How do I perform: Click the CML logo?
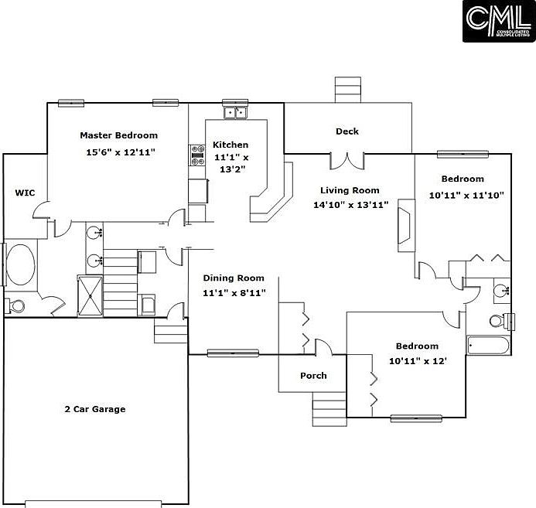tap(499, 21)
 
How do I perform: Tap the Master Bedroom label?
tap(119, 135)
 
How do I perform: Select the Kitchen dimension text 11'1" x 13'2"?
tap(231, 163)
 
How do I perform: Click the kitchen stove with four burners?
tap(197, 155)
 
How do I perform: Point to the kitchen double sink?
tap(235, 112)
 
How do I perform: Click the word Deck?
tap(347, 131)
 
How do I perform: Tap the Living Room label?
tap(350, 190)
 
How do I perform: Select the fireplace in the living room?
tap(406, 226)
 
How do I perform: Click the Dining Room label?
tap(234, 278)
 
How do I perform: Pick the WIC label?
tap(25, 193)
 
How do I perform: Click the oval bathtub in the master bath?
tap(21, 264)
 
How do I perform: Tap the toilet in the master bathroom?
tap(15, 305)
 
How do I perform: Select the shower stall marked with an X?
tap(90, 295)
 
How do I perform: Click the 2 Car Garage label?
tap(95, 409)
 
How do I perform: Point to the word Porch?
tap(313, 376)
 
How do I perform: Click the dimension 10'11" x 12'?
tap(418, 361)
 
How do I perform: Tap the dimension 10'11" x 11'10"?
tap(466, 196)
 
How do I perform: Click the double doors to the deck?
tap(347, 162)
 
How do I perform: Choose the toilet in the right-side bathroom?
tap(502, 321)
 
